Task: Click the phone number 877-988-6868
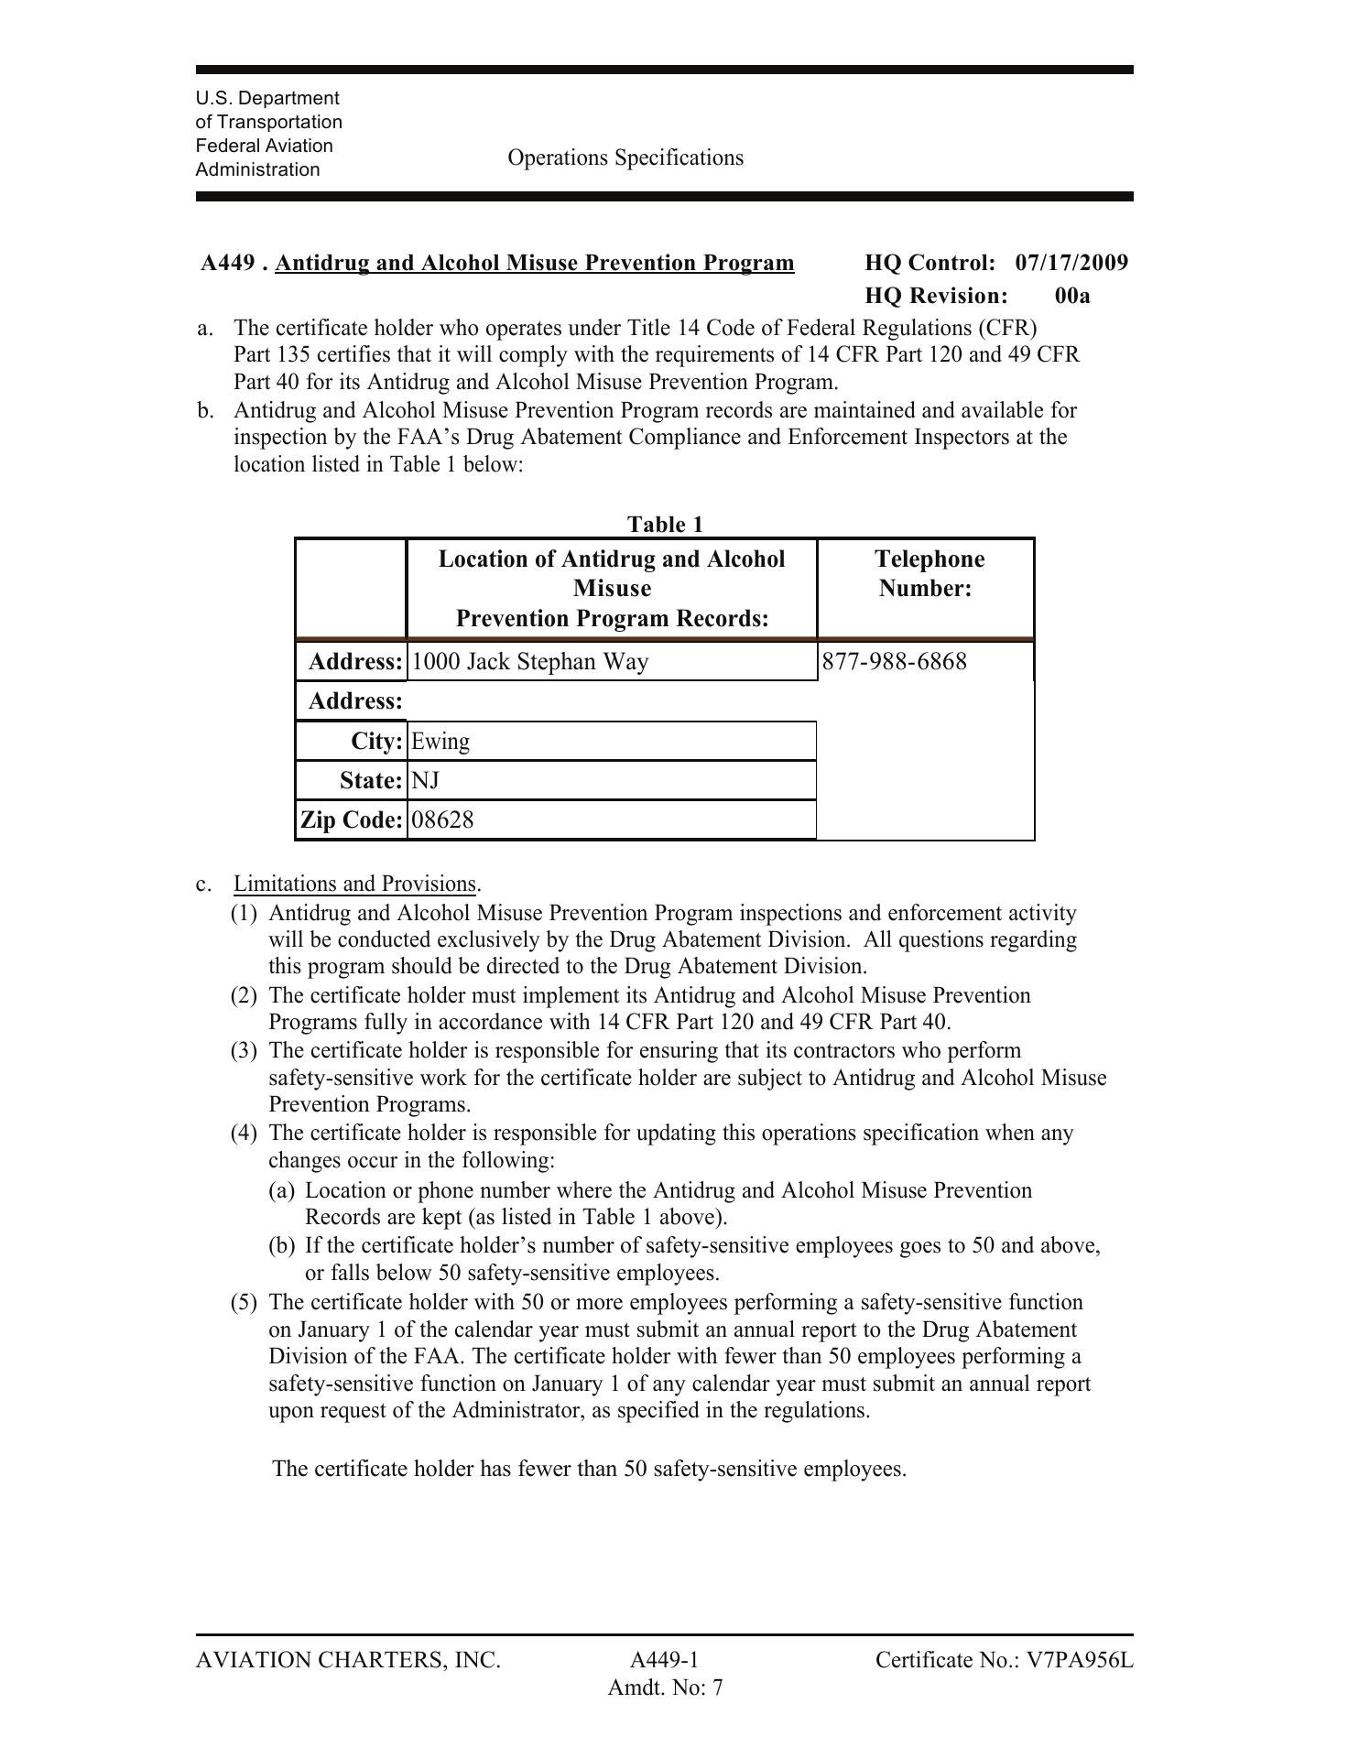(894, 661)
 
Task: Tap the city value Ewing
(440, 741)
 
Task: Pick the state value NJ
(425, 780)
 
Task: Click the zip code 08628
(442, 819)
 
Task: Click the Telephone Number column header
(928, 573)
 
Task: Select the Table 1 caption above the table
(665, 524)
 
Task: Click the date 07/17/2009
(1071, 263)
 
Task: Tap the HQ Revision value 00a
(1072, 296)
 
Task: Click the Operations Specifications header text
(625, 157)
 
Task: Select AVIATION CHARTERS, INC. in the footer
(348, 1660)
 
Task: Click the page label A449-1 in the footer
(665, 1660)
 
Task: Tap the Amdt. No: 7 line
(665, 1687)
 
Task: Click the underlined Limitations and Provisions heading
(354, 884)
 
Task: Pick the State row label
(371, 780)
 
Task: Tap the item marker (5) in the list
(244, 1302)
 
